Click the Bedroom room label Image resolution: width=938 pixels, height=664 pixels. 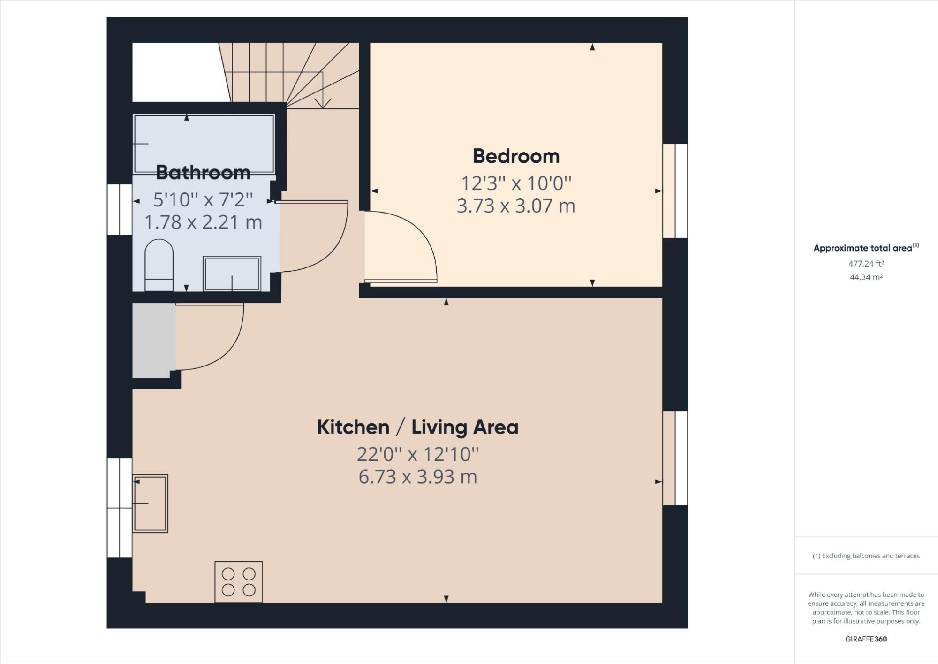tap(516, 156)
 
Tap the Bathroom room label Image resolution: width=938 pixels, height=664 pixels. tap(203, 172)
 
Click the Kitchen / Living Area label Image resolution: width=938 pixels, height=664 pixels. tap(417, 427)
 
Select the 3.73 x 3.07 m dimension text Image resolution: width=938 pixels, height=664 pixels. tap(516, 206)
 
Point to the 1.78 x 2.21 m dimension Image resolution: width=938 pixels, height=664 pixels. tap(203, 222)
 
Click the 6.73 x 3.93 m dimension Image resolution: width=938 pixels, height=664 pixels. tap(417, 477)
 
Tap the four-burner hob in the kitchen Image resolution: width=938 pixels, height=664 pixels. tap(238, 582)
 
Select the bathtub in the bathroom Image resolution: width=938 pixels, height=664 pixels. tap(204, 144)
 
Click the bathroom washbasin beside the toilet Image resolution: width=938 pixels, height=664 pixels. tap(232, 274)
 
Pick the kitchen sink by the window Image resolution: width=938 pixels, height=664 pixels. tap(150, 503)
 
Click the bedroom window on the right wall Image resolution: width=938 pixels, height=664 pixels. tap(675, 191)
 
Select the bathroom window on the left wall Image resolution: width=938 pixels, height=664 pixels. tap(120, 209)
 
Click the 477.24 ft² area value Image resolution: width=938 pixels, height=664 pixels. tap(866, 264)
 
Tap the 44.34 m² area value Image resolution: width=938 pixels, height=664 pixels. tap(866, 277)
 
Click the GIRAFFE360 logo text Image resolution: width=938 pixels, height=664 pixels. tap(866, 639)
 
